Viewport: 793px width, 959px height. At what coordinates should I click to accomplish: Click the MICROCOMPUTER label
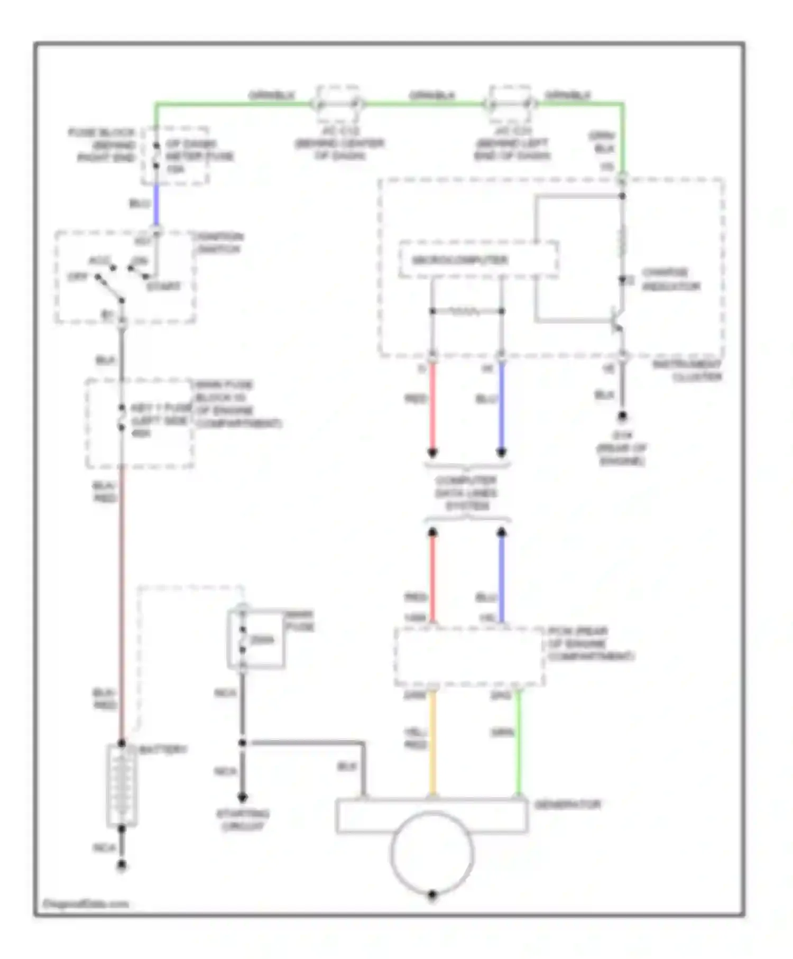(x=459, y=260)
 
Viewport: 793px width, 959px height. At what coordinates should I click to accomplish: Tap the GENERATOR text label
(x=568, y=805)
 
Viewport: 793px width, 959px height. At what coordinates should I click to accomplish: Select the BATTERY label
(x=163, y=750)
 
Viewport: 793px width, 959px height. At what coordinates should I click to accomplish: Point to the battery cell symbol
(x=122, y=785)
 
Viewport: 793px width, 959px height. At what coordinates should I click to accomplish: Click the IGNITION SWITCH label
(x=219, y=243)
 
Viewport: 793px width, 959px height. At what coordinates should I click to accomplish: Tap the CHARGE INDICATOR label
(x=670, y=280)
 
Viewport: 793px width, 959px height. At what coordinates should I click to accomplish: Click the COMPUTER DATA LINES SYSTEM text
(x=466, y=493)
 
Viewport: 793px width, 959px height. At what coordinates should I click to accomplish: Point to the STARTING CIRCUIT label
(x=243, y=819)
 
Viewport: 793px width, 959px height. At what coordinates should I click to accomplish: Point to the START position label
(x=163, y=287)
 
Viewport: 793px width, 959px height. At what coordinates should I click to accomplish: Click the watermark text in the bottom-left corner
(x=86, y=903)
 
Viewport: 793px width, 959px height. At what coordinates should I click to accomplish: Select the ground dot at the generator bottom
(x=432, y=895)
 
